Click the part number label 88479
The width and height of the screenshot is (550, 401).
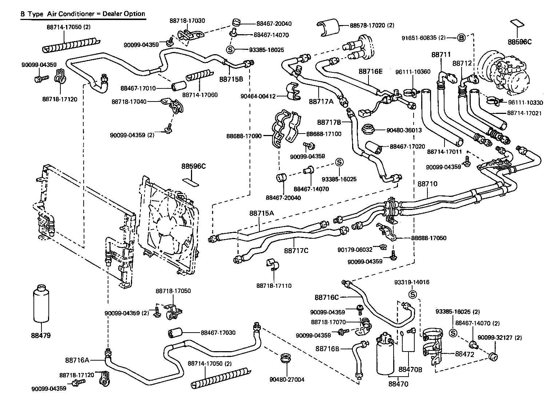(41, 335)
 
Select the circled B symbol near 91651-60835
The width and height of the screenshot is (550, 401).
(461, 38)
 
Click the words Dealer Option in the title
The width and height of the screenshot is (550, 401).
(124, 14)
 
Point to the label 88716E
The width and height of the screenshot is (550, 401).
(371, 71)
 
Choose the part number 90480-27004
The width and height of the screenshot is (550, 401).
(287, 380)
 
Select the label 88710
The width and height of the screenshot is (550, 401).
(427, 184)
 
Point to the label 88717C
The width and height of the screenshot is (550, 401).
(296, 251)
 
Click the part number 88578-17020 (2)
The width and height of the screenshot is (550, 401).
(372, 25)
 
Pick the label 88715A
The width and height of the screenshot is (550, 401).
(262, 213)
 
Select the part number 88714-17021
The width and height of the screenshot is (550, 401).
(524, 113)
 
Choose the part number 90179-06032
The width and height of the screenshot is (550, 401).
(355, 250)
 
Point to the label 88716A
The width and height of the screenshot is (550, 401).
(77, 360)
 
